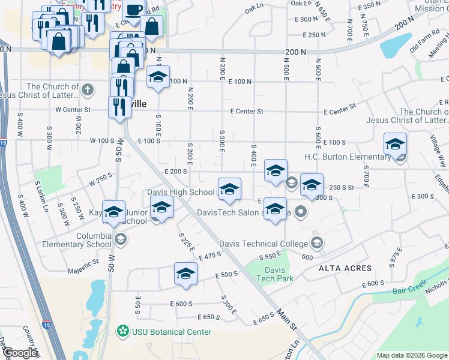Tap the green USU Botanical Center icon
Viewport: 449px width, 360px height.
(123, 331)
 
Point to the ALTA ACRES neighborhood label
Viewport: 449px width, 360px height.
(345, 268)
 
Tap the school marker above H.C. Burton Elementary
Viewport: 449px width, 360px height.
(395, 144)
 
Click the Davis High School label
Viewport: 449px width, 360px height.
(181, 193)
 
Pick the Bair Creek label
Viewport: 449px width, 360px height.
(410, 289)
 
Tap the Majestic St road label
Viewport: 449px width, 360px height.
(83, 263)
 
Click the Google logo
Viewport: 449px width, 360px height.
(20, 353)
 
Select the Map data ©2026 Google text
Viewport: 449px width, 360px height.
(412, 355)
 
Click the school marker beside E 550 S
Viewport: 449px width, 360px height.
(186, 274)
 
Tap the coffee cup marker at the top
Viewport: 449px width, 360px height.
(135, 8)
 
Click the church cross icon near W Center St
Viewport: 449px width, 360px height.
(88, 91)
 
